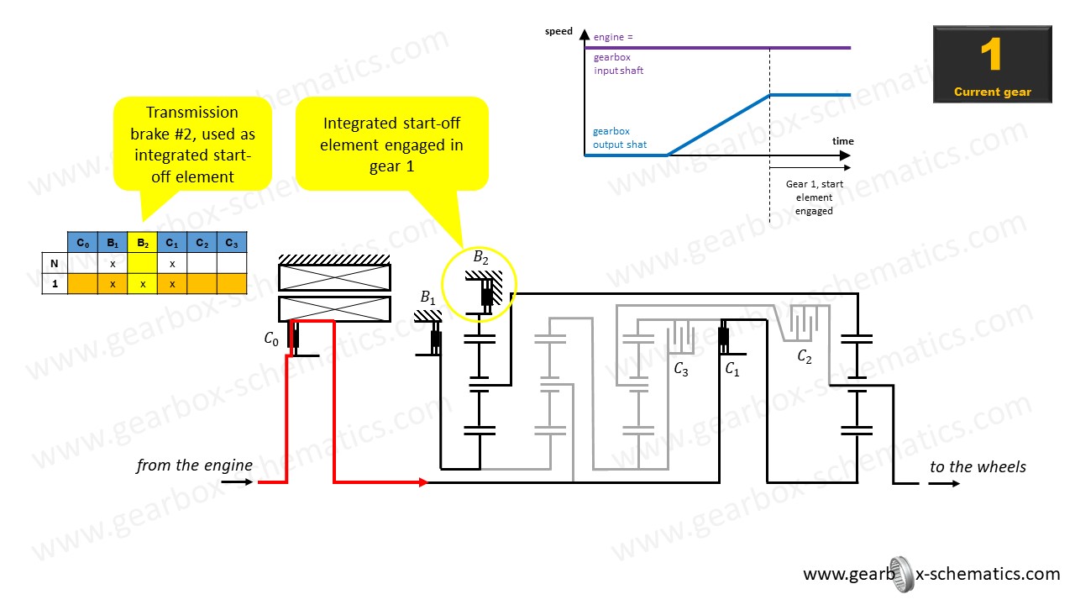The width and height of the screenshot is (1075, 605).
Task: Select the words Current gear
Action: pyautogui.click(x=992, y=92)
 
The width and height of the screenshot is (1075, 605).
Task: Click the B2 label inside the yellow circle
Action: pyautogui.click(x=480, y=258)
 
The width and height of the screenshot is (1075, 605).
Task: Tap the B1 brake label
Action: pyautogui.click(x=428, y=297)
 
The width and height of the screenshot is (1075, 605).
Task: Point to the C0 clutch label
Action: pyautogui.click(x=270, y=339)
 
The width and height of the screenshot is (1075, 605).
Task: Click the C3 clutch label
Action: pyautogui.click(x=680, y=369)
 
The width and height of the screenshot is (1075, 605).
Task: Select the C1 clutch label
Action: pyautogui.click(x=732, y=369)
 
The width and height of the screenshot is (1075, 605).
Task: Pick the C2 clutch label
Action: pyautogui.click(x=805, y=357)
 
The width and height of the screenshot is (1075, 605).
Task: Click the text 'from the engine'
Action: pyautogui.click(x=194, y=466)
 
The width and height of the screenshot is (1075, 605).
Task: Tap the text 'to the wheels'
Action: pyautogui.click(x=978, y=467)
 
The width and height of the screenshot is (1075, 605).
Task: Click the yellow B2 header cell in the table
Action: pyautogui.click(x=143, y=244)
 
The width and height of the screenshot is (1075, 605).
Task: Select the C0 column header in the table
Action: pyautogui.click(x=82, y=244)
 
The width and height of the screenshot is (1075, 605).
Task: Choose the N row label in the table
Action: pyautogui.click(x=55, y=263)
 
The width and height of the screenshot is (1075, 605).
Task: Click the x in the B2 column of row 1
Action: pyautogui.click(x=143, y=284)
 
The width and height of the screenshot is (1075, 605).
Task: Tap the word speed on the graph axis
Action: pyautogui.click(x=558, y=32)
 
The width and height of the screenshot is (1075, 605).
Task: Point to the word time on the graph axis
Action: pyautogui.click(x=842, y=141)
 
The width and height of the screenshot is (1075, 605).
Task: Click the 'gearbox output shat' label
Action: pyautogui.click(x=620, y=138)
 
